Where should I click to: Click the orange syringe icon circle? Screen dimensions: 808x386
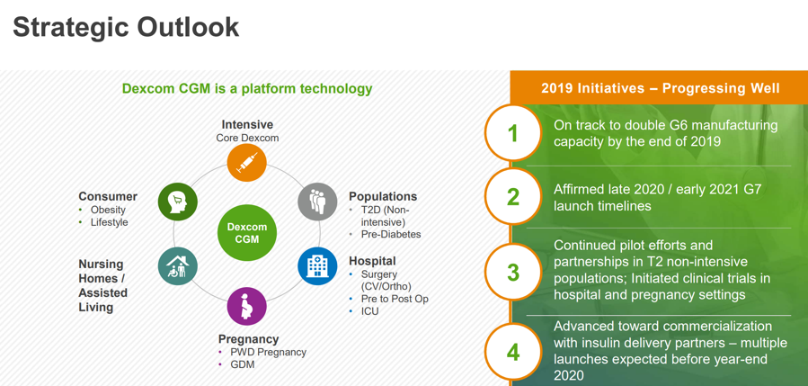tap(247, 163)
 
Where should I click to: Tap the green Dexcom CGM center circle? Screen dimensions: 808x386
tap(247, 233)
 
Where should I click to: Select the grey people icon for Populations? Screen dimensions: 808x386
tap(317, 202)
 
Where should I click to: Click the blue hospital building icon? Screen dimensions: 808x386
tap(317, 266)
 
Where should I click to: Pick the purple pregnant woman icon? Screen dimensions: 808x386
tap(247, 307)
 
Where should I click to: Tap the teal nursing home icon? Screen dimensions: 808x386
tap(178, 266)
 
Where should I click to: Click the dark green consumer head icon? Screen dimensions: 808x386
tap(178, 202)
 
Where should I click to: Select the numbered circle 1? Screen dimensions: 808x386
tap(512, 133)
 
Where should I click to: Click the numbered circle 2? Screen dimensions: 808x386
tap(512, 197)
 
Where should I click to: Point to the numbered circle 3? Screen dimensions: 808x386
tap(512, 272)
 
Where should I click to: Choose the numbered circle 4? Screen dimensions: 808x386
tap(512, 353)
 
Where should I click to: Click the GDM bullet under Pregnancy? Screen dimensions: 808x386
tap(242, 364)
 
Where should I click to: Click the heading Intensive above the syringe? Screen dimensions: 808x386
tap(247, 125)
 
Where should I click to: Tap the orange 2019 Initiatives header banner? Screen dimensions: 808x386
tap(659, 88)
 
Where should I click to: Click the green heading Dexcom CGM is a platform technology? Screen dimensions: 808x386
tap(247, 89)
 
